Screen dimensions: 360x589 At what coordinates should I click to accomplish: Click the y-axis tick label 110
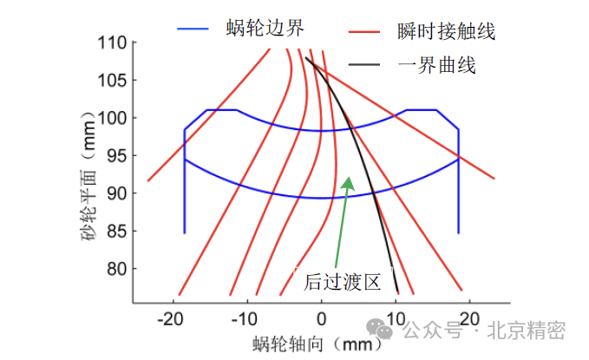[x=112, y=43]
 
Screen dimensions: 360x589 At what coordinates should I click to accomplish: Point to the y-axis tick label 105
[x=112, y=80]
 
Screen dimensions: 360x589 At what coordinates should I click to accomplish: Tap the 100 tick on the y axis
[x=112, y=118]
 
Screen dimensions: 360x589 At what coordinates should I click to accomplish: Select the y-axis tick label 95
[x=116, y=155]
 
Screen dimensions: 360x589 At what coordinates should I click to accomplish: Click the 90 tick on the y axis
[x=116, y=193]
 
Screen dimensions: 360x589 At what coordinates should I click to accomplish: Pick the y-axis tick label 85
[x=116, y=231]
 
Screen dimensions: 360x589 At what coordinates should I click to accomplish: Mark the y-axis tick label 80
[x=116, y=269]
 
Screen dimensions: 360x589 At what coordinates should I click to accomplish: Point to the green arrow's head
[x=349, y=181]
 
